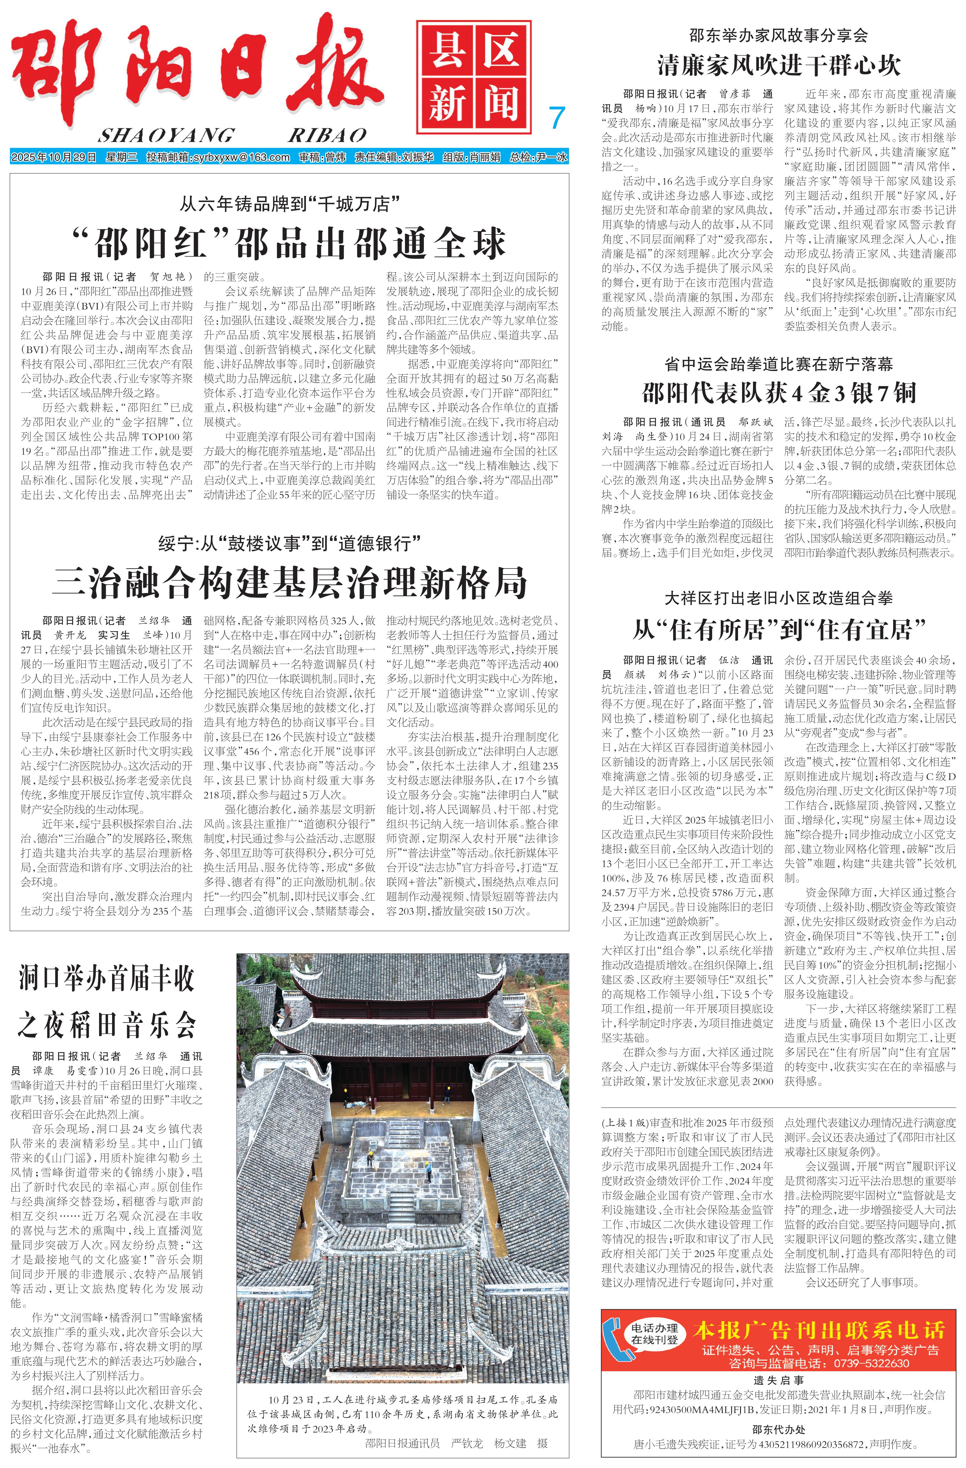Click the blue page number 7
557,117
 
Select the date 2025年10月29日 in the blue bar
54,157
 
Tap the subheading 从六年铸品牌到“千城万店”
289,204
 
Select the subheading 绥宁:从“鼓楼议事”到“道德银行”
289,543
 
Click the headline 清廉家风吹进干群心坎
778,65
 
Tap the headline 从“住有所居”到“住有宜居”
778,630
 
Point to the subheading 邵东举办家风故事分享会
778,35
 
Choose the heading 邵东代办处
778,1429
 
